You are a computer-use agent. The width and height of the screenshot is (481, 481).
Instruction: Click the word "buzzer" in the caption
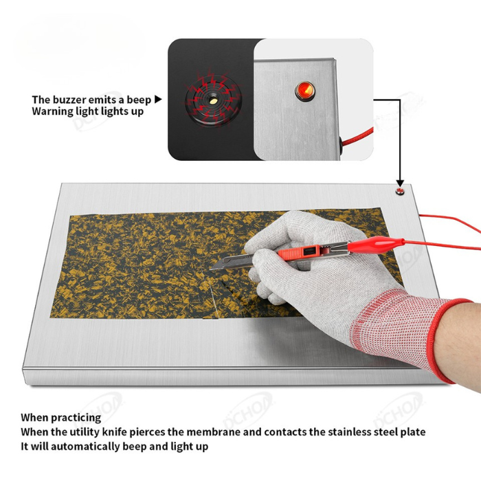point(69,100)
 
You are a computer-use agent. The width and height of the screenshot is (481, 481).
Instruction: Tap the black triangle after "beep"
point(157,100)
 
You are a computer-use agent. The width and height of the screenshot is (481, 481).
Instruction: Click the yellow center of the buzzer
point(213,100)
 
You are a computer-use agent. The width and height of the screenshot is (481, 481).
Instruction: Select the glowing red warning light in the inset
point(305,90)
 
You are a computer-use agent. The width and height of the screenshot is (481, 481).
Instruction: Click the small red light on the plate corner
point(400,192)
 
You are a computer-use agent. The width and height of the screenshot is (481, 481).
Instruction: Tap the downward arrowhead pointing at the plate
point(400,183)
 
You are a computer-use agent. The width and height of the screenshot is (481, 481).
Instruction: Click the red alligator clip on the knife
point(376,245)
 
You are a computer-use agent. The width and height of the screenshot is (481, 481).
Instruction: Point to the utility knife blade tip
point(210,269)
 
